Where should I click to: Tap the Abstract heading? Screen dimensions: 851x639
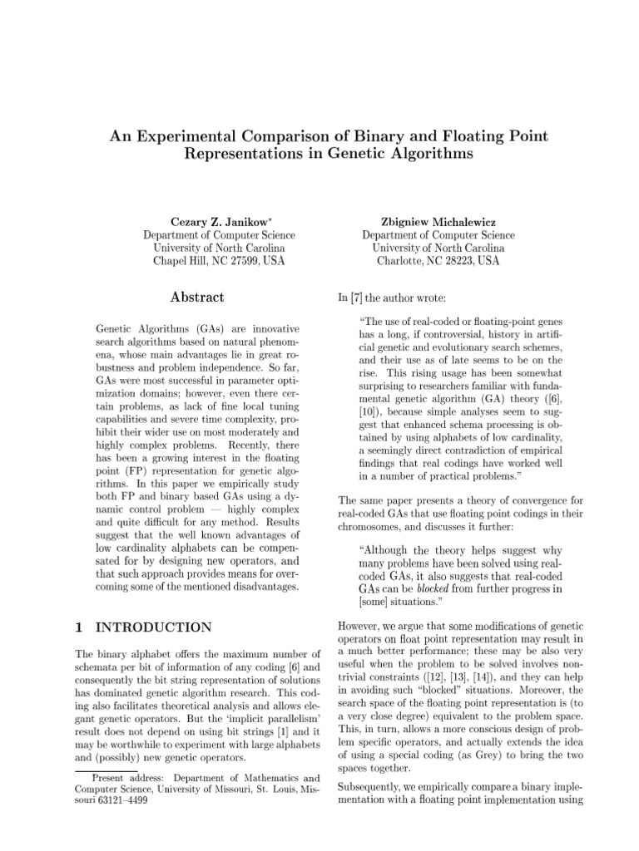point(197,297)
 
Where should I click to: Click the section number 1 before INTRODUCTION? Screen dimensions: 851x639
point(78,627)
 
